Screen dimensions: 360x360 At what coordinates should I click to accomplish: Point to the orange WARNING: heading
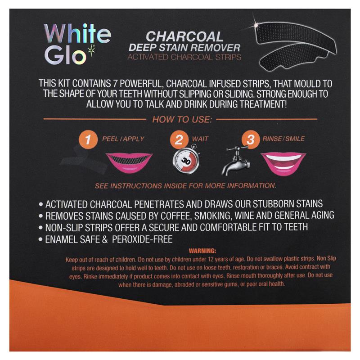pos(203,251)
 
